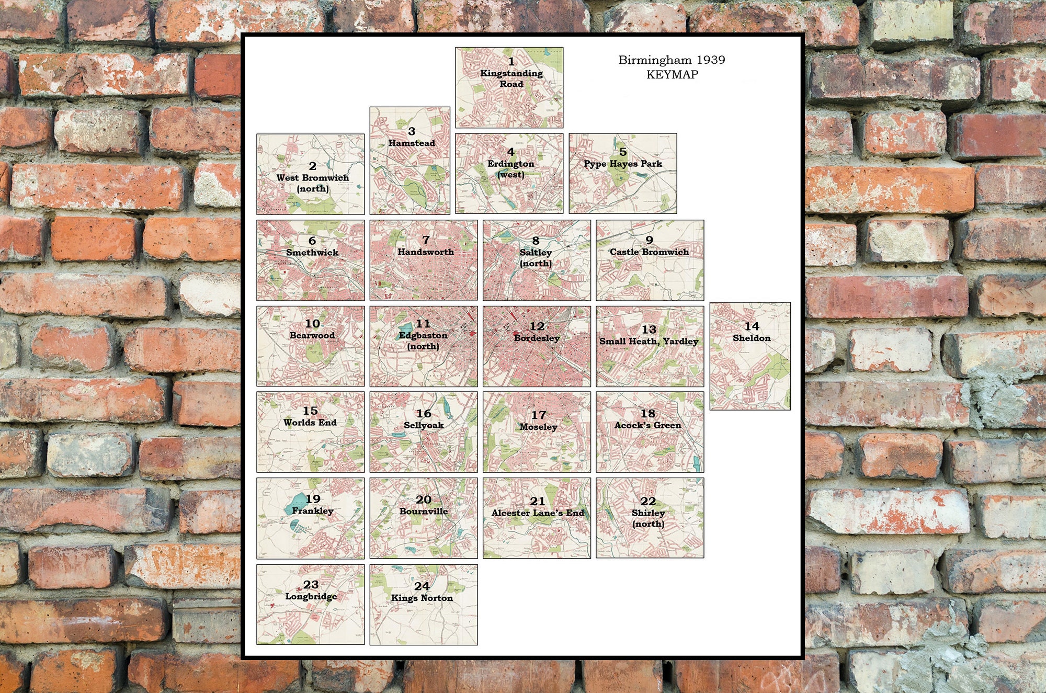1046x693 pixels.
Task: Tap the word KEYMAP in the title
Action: click(672, 75)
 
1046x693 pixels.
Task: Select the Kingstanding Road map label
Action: click(511, 78)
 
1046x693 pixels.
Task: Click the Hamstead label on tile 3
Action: click(411, 143)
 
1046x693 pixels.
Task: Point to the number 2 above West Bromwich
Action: click(312, 166)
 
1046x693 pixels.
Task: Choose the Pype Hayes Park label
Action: click(622, 164)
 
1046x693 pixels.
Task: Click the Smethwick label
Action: click(312, 252)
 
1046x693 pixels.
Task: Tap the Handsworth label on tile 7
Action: click(425, 252)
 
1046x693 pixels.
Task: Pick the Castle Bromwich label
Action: click(649, 252)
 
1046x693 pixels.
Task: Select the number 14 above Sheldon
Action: click(752, 326)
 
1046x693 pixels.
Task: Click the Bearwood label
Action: click(312, 335)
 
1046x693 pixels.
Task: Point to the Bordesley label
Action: click(537, 338)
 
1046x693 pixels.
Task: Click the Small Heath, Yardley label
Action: click(649, 341)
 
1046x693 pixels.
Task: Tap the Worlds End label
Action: click(310, 422)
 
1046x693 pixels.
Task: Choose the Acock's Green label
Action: click(647, 425)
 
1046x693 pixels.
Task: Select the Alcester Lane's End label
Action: click(537, 513)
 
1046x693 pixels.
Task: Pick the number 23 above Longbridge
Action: click(311, 584)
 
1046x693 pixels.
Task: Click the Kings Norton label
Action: click(422, 598)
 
